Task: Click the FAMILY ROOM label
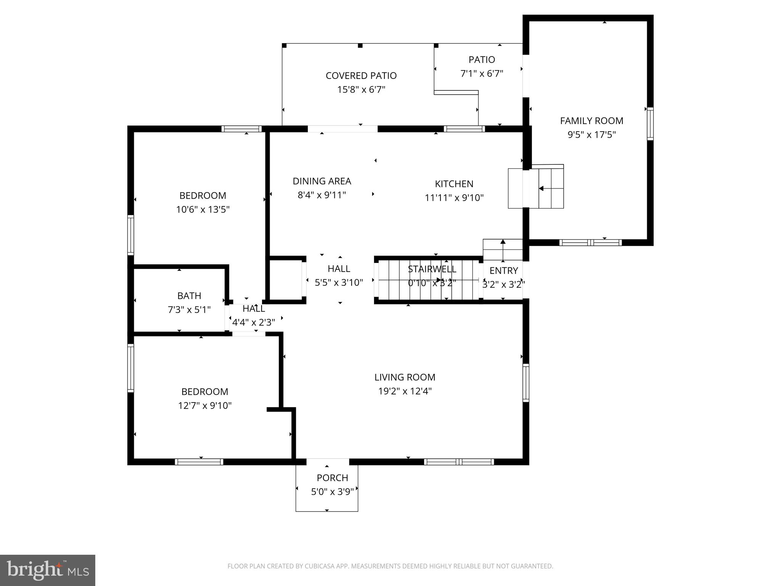coord(591,121)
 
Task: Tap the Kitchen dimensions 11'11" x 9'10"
coord(454,198)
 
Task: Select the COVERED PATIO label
coord(361,76)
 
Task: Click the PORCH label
coord(332,478)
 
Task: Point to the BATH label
coord(189,296)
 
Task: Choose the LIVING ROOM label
coord(405,377)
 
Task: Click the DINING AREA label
coord(321,181)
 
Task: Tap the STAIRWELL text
coord(432,269)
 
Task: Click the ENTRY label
coord(503,270)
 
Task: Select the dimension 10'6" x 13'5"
coord(202,209)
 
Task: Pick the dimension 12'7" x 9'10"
coord(205,405)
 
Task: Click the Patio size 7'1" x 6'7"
coord(482,74)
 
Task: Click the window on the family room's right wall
coord(650,124)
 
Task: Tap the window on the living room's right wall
coord(525,383)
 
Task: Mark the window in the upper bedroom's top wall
coord(241,129)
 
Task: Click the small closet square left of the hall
coord(286,280)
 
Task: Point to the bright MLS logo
coord(47,570)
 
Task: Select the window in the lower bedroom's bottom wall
coord(199,462)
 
